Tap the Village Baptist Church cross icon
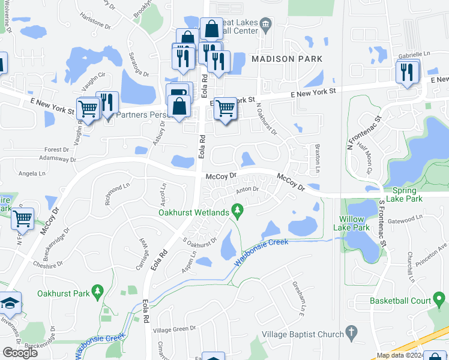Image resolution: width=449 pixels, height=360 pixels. click(352, 332)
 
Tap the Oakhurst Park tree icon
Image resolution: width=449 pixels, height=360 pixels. click(97, 293)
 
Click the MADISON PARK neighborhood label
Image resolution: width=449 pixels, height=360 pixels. click(287, 59)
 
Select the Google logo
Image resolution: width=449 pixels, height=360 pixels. click(20, 353)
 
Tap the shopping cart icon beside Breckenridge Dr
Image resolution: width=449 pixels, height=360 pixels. click(22, 219)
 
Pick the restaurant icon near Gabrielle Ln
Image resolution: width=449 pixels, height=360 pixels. click(408, 73)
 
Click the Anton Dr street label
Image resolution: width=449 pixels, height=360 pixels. click(247, 190)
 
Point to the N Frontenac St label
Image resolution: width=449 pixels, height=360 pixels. click(356, 134)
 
